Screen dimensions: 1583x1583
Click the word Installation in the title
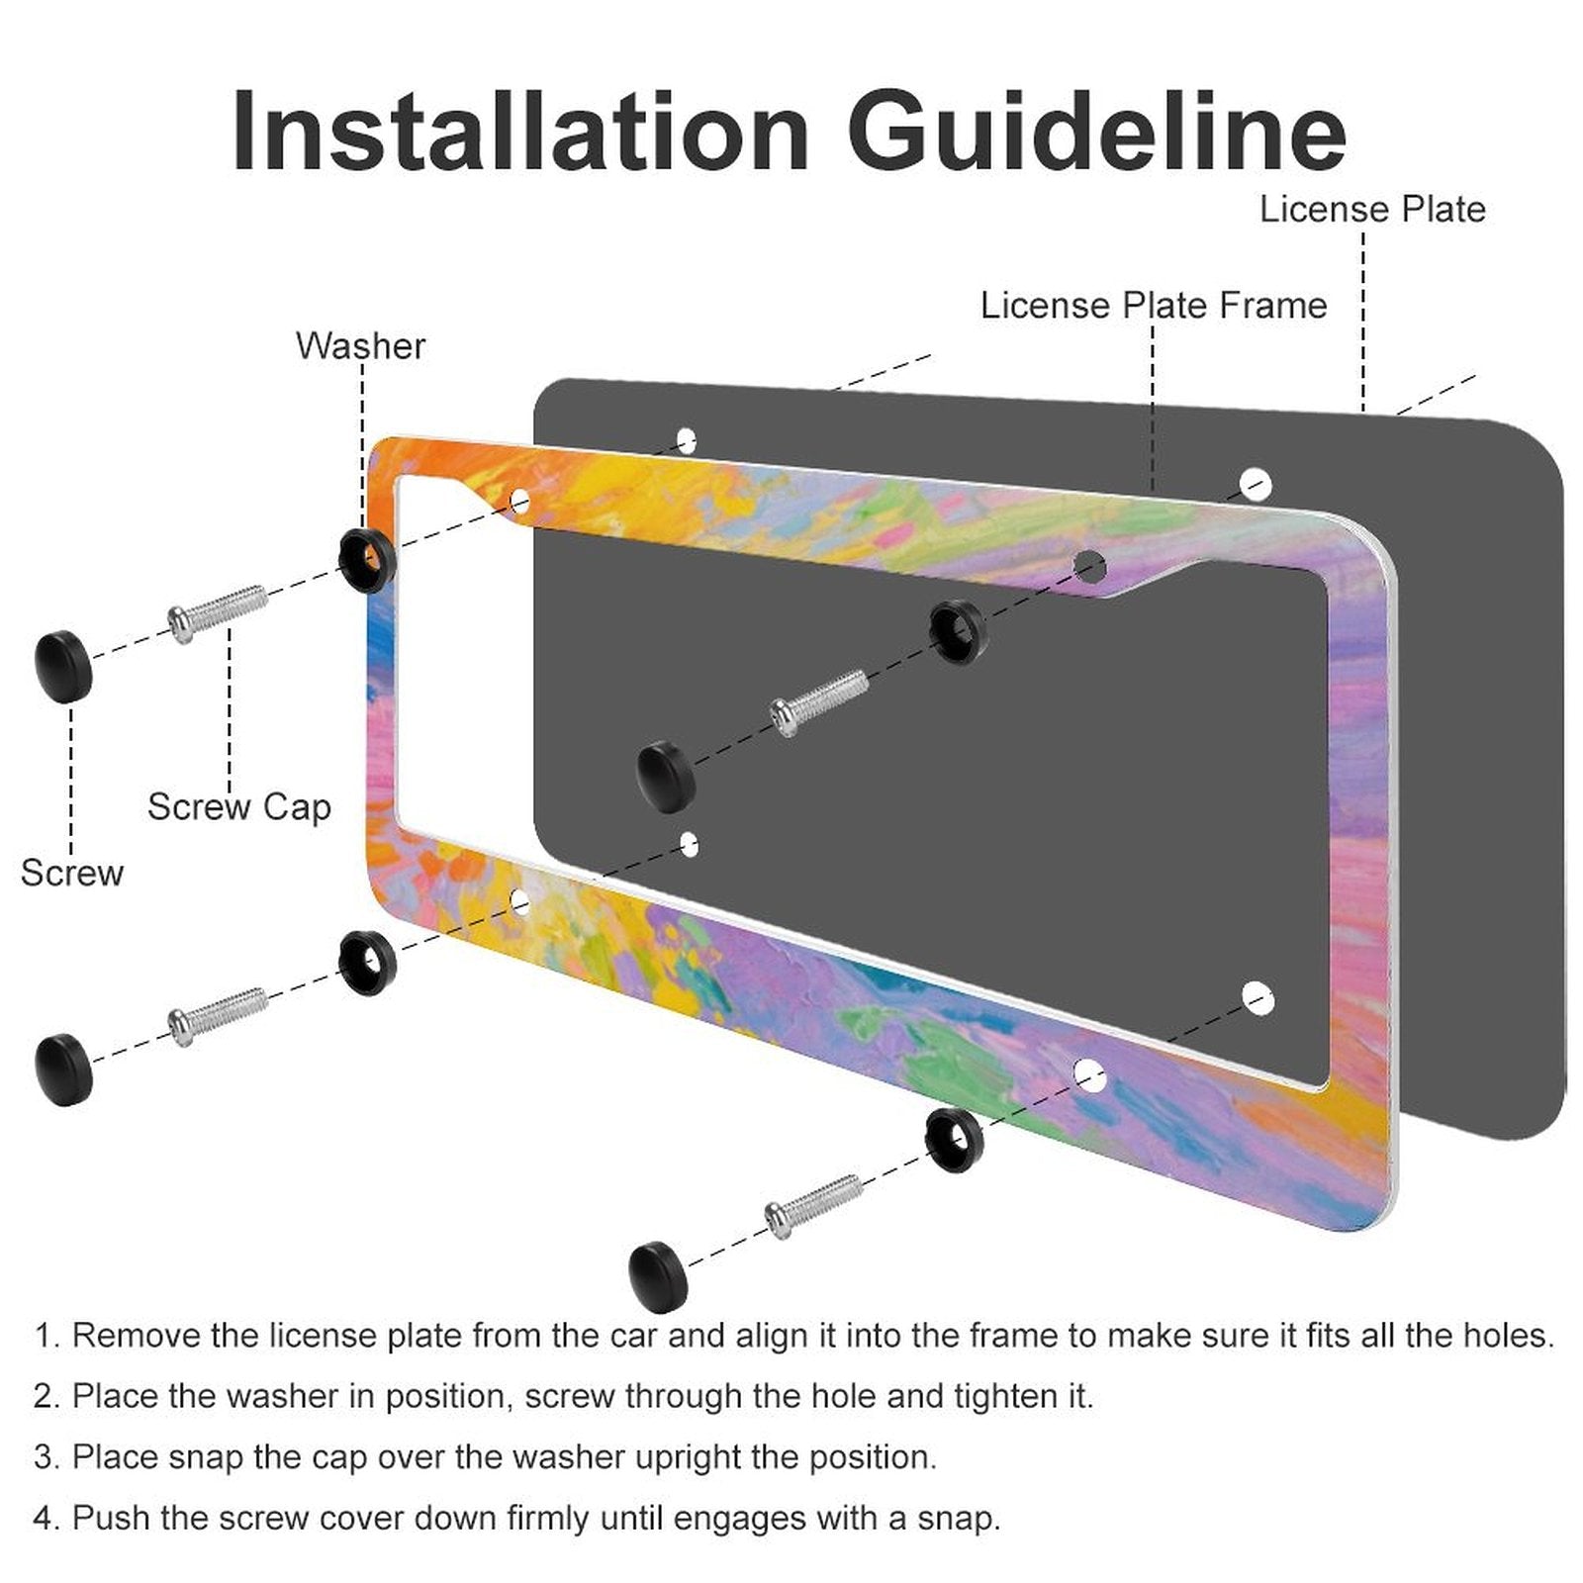point(520,132)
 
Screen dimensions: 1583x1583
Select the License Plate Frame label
point(1154,306)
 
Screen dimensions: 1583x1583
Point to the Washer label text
point(360,346)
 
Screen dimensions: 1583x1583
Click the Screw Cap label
point(238,807)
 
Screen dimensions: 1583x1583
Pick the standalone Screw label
point(71,874)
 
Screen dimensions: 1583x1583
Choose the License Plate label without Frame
point(1372,210)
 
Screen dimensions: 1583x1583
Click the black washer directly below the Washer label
point(367,559)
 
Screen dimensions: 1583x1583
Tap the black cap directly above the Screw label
point(63,665)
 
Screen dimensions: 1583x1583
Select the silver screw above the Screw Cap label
point(217,610)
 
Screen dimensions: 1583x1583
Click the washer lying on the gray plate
point(957,630)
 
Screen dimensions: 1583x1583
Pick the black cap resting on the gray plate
point(665,775)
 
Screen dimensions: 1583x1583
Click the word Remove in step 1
point(137,1336)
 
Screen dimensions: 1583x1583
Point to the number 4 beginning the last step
point(42,1518)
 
